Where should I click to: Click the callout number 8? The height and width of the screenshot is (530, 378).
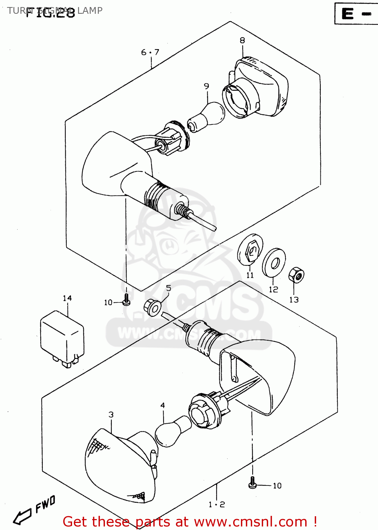(x=242, y=40)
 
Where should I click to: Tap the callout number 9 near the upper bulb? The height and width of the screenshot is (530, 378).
(x=206, y=86)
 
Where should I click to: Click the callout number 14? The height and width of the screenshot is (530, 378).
(x=67, y=299)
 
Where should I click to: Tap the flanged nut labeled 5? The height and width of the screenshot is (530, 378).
(x=153, y=307)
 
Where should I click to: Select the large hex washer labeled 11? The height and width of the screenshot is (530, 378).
(x=250, y=249)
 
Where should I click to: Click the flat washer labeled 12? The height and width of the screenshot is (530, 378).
(x=274, y=263)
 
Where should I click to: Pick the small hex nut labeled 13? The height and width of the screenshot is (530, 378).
(x=296, y=275)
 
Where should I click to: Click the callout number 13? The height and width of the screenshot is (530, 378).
(x=294, y=300)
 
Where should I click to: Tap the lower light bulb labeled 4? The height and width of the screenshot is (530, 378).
(x=173, y=431)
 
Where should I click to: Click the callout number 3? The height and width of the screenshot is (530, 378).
(x=111, y=414)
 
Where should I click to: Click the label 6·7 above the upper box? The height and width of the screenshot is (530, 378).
(x=150, y=53)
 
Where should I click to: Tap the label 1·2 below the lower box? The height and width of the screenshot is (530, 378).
(x=217, y=505)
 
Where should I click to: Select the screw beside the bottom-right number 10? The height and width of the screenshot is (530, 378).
(x=252, y=483)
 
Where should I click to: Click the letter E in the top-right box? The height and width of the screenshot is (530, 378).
(x=348, y=14)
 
